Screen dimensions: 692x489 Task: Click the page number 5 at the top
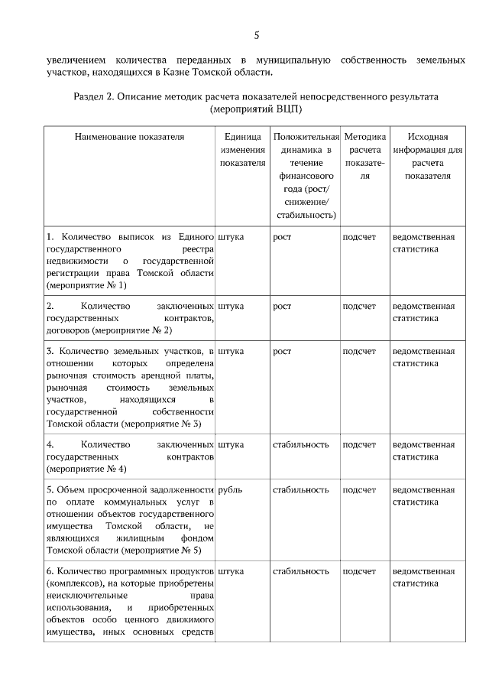257,34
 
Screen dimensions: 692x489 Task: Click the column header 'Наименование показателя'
130,136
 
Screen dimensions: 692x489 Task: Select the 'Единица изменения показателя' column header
242,149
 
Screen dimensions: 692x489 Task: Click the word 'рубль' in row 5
231,489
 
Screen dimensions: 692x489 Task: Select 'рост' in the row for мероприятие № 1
282,237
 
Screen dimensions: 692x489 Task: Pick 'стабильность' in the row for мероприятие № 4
301,444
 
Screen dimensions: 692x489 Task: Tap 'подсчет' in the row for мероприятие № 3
359,351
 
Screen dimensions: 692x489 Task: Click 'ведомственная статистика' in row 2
423,312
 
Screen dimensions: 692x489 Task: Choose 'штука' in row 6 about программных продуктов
231,571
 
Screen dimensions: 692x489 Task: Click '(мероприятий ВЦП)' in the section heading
256,109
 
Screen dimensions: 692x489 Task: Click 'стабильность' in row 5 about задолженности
301,489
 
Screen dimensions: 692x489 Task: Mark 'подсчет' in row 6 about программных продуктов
359,571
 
